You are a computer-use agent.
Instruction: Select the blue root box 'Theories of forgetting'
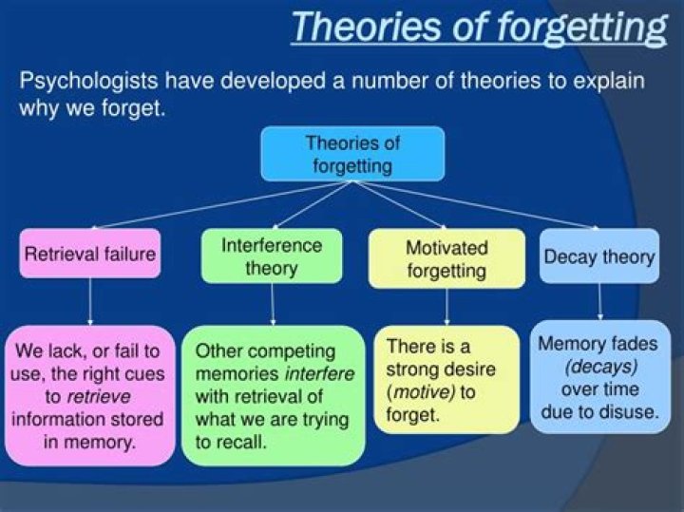[x=352, y=154]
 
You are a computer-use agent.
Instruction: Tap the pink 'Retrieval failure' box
[x=90, y=255]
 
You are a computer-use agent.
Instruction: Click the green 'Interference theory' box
[x=272, y=256]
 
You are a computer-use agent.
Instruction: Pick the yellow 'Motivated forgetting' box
[x=446, y=258]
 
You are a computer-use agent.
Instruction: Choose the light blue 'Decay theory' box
[x=598, y=256]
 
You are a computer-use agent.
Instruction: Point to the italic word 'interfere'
[x=319, y=373]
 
